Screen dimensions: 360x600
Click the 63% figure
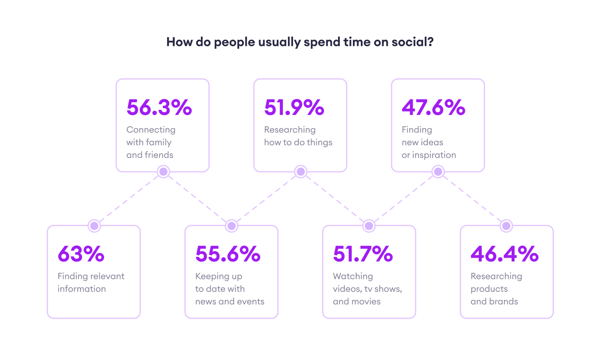tap(81, 254)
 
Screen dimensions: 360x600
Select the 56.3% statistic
tap(159, 107)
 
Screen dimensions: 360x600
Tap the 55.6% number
tap(228, 254)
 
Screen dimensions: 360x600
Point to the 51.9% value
tap(294, 107)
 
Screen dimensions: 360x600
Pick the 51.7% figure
tap(363, 254)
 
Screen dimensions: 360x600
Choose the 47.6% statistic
tap(433, 107)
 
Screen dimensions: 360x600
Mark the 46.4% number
tap(504, 254)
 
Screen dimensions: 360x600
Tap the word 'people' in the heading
tap(233, 43)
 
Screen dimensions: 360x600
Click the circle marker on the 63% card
tap(94, 226)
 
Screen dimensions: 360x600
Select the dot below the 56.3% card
tap(163, 172)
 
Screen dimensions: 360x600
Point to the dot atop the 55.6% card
tap(231, 226)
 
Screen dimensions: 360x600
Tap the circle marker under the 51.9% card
tap(300, 172)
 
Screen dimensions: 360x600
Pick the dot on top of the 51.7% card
tap(369, 226)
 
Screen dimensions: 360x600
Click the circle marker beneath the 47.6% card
tap(438, 172)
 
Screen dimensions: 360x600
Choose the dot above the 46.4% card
tap(507, 226)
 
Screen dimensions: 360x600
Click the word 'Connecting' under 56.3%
tap(151, 130)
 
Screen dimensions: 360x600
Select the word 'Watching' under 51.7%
tap(353, 276)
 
